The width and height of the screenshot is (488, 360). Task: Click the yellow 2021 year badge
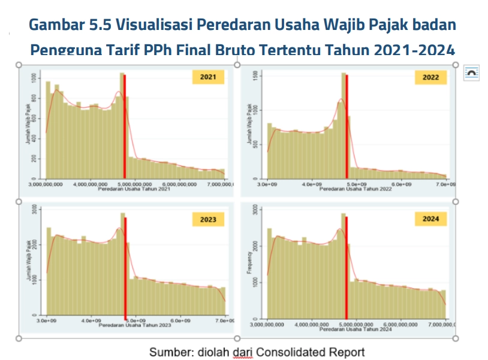208,77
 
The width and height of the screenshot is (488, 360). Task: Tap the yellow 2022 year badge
430,78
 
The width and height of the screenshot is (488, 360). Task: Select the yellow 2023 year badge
208,219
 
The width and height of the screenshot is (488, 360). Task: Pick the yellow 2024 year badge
430,219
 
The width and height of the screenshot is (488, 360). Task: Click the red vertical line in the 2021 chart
125,126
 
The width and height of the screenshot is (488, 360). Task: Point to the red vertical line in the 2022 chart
347,126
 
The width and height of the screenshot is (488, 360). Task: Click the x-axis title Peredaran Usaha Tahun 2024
356,329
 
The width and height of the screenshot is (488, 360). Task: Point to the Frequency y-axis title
249,263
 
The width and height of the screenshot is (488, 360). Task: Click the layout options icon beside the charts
471,72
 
